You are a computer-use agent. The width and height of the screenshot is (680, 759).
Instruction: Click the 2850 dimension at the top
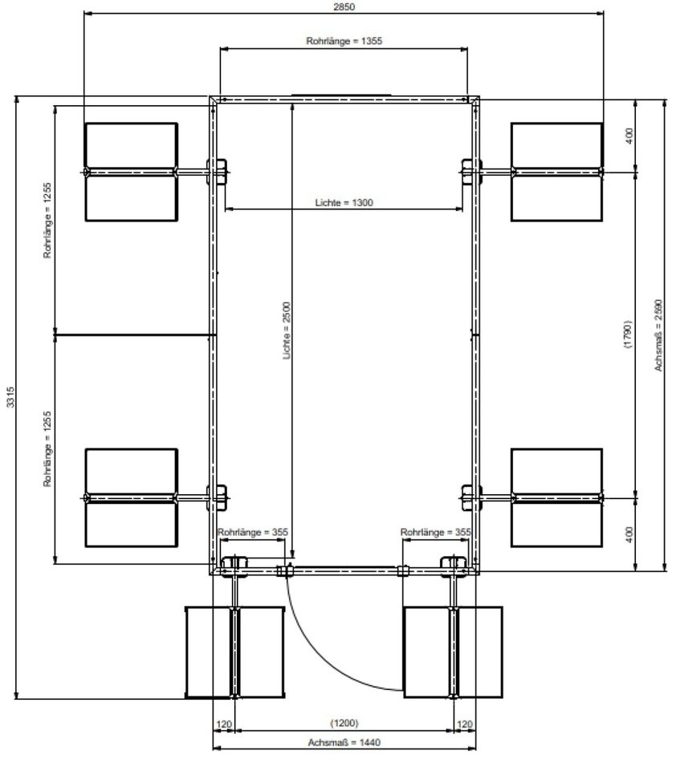344,6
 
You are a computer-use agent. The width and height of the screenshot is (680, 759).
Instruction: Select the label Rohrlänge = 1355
344,41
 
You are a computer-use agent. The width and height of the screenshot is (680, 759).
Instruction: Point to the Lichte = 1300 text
344,202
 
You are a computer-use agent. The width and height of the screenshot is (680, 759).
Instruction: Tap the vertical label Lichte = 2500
287,331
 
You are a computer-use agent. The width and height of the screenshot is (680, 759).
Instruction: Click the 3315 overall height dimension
10,396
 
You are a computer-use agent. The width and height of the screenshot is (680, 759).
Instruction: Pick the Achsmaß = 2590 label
658,335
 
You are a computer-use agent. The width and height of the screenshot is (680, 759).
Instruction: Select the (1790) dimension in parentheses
628,334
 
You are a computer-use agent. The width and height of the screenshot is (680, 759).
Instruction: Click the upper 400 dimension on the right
629,136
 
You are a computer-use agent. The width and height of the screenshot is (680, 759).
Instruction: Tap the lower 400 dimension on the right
629,534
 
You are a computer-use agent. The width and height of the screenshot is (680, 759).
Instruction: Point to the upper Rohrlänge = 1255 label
47,221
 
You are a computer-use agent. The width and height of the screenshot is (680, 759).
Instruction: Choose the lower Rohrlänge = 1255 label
47,448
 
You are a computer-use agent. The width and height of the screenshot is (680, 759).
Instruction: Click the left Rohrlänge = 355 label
252,533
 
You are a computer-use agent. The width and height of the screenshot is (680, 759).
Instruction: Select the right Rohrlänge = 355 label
435,533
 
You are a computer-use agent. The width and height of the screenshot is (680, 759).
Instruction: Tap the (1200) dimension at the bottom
344,723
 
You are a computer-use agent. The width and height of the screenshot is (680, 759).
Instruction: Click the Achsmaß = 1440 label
344,742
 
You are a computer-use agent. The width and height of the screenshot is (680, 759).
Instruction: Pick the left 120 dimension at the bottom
224,724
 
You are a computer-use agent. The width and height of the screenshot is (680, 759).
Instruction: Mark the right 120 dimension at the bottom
465,724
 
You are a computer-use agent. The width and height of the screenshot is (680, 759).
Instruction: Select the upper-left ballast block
131,172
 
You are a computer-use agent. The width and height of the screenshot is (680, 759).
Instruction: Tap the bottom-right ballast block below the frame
453,652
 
